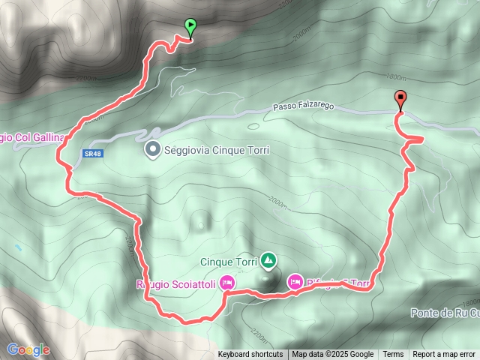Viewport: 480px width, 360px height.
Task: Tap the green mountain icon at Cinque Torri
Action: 268,261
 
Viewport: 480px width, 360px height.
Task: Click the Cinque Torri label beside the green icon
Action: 228,262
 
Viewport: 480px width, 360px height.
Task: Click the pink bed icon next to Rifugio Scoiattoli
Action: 228,283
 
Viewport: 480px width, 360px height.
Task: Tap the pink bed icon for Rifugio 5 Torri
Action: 295,282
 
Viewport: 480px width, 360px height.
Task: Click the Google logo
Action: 28,349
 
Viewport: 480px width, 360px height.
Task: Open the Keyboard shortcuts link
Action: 250,355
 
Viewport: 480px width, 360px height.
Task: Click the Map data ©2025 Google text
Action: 332,355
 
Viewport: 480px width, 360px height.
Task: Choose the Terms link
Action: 393,355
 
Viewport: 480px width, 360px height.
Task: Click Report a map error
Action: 444,355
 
